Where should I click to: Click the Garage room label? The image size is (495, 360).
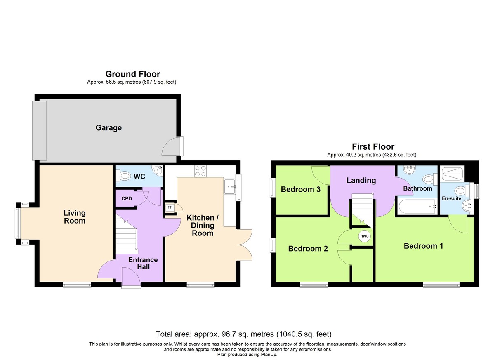point(108,128)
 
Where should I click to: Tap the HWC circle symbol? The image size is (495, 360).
point(364,236)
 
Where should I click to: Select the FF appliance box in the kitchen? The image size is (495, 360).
point(170,207)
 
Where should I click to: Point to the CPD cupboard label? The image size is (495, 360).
point(127,198)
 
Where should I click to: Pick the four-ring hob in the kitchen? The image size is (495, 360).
point(200,172)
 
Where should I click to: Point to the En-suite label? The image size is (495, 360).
point(451,198)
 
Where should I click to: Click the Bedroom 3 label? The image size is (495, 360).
point(301,190)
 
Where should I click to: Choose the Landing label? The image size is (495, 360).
point(361,181)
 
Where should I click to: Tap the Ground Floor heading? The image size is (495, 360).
point(132,74)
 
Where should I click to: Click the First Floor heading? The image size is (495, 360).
point(373,147)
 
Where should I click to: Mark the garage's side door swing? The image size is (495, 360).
point(171,147)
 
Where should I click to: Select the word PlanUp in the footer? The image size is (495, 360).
point(269,355)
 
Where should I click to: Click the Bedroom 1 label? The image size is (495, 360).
point(423,246)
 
